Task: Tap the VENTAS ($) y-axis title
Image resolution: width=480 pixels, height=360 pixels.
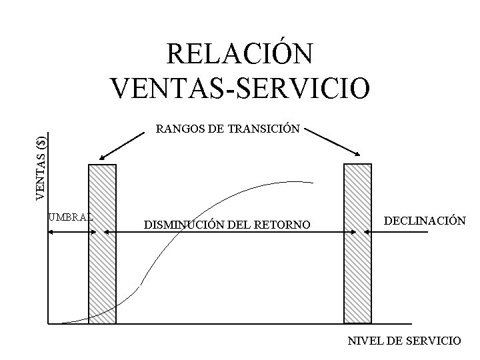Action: coord(41,167)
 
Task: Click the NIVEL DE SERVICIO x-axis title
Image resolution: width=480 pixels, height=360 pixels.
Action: coord(404,341)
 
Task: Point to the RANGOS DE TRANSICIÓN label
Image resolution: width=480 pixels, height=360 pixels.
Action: coord(227,128)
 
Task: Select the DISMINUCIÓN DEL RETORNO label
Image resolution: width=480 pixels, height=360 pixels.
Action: coord(227,225)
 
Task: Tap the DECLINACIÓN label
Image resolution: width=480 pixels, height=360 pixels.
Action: coord(423,220)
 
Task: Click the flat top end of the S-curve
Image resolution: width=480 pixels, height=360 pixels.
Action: coord(303,181)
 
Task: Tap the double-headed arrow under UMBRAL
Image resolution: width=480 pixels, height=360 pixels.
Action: coord(73,232)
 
